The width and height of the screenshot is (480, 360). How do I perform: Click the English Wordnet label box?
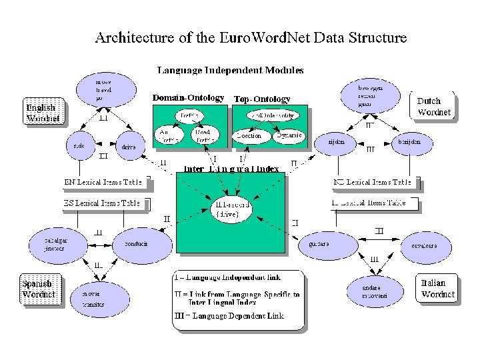click(x=45, y=112)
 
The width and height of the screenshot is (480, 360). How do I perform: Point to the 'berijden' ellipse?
click(x=409, y=142)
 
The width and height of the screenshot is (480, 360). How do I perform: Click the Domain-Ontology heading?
click(x=188, y=99)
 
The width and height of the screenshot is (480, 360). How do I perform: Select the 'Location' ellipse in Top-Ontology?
click(x=252, y=135)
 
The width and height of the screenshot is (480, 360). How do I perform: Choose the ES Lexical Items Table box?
click(x=102, y=203)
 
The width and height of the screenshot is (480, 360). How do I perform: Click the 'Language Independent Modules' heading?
click(x=230, y=70)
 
